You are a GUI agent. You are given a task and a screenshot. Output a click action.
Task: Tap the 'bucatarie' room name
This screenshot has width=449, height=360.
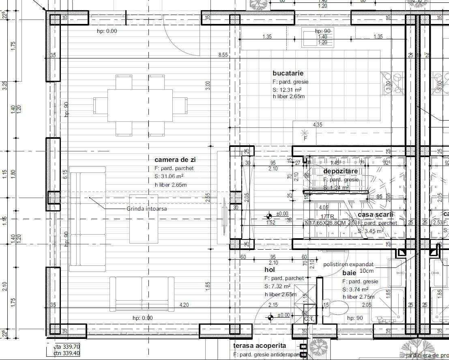288,73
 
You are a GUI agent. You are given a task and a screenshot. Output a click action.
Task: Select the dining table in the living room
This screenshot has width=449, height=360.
140,105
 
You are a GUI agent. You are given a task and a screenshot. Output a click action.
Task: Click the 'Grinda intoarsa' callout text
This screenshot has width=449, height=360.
146,209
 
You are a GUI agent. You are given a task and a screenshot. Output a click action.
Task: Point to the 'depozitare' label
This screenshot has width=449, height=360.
340,171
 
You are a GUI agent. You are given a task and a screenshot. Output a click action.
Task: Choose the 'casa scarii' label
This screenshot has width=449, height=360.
376,215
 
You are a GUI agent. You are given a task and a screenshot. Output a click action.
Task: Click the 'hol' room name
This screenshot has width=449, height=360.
270,269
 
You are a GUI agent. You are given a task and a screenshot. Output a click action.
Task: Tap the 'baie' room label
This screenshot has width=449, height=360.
349,273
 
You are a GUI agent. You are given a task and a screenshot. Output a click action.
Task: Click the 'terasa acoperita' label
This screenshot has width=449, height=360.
260,346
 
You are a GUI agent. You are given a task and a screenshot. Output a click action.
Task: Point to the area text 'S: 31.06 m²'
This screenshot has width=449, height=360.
169,176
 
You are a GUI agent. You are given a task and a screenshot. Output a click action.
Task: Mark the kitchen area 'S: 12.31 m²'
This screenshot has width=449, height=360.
287,90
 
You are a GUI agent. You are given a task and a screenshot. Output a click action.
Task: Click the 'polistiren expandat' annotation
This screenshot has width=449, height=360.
348,264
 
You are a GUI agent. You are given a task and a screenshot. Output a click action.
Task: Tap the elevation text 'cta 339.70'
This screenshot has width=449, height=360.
67,347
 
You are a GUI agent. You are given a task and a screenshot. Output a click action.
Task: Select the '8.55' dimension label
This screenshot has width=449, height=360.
223,55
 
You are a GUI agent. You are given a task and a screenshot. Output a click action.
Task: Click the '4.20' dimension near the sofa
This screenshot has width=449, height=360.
184,305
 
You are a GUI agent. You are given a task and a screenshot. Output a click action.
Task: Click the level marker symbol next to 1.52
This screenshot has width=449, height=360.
269,216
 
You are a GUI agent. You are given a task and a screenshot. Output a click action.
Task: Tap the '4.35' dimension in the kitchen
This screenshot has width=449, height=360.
317,125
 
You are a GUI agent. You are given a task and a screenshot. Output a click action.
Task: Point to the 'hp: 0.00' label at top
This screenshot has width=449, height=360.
107,31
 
